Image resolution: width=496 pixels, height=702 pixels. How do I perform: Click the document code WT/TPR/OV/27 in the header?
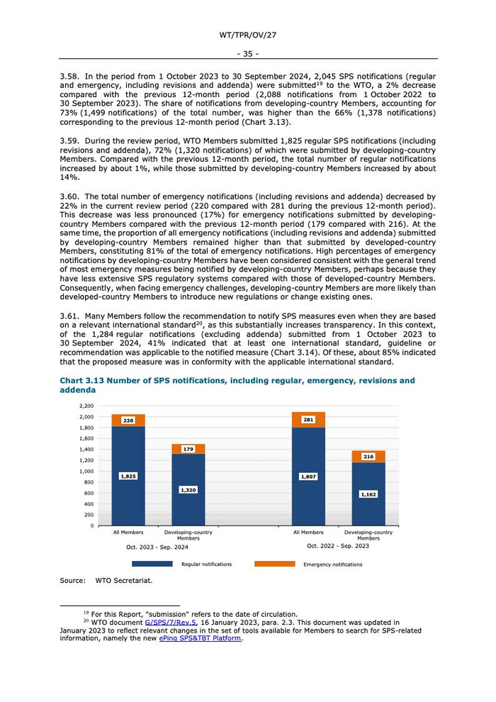pos(247,34)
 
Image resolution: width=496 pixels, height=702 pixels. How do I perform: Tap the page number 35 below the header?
pos(247,53)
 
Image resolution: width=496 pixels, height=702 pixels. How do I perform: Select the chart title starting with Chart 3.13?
pos(237,385)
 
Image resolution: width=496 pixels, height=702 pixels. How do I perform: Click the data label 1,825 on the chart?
pos(128,477)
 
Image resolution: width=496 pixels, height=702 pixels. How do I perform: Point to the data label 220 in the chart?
pos(128,420)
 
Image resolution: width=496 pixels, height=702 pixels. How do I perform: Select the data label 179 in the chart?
pos(188,449)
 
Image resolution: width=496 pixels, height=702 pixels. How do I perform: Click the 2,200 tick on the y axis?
pos(86,406)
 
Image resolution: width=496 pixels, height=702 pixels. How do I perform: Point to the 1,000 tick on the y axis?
pos(86,471)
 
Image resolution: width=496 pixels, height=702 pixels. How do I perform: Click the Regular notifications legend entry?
pos(206,564)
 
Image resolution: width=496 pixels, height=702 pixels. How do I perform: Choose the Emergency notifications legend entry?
pos(332,564)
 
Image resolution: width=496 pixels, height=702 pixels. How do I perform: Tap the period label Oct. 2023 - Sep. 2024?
pos(157,547)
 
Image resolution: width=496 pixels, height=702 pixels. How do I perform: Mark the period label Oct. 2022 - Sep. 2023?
pos(338,546)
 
